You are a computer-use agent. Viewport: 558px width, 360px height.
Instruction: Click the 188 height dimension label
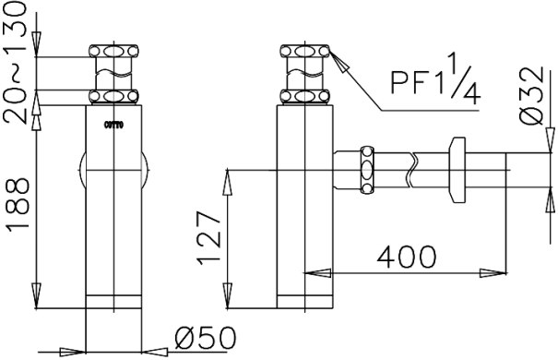18,204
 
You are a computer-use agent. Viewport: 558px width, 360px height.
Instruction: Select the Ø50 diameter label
206,337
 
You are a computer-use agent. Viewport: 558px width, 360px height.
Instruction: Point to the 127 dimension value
209,238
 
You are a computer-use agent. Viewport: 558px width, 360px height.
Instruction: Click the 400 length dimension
407,257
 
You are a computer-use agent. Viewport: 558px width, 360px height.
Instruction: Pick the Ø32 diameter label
531,96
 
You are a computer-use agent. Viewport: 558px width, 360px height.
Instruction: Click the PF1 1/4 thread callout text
435,78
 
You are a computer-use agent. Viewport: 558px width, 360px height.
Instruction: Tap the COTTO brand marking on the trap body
113,125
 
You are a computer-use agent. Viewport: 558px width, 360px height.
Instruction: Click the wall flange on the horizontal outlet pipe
457,170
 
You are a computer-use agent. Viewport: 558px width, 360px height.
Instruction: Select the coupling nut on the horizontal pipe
367,170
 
